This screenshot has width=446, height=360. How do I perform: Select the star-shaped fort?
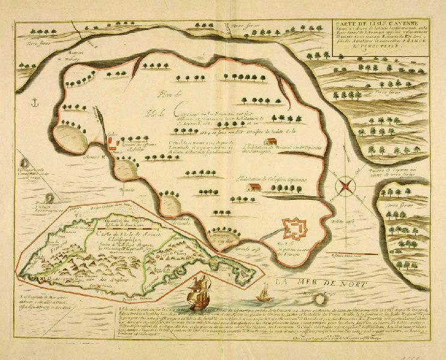296,229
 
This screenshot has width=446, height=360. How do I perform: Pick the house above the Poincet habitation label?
271,140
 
